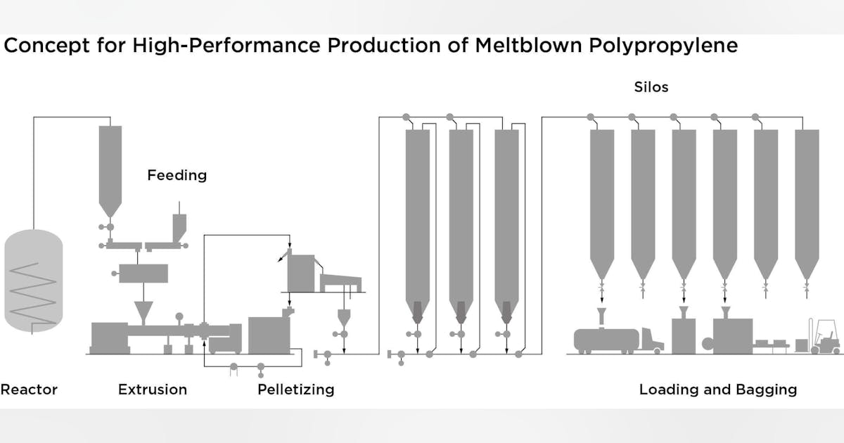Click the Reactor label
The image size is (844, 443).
(29, 389)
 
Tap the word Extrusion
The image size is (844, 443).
(153, 389)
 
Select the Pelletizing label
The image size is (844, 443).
(295, 389)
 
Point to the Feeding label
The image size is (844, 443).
(177, 175)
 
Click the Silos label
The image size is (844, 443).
(650, 88)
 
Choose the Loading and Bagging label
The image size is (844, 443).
(717, 389)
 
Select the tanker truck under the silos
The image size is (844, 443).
(615, 340)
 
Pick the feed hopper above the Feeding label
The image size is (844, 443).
(110, 169)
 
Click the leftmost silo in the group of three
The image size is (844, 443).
(418, 211)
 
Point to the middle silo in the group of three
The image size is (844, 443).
(461, 211)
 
